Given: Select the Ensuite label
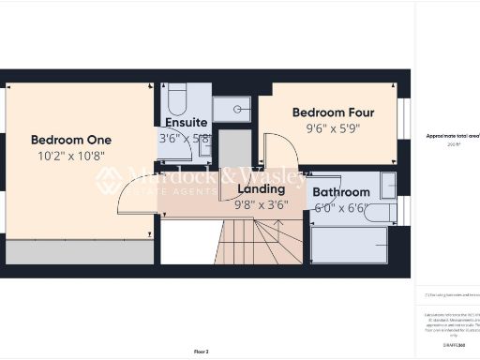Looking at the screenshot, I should click(x=186, y=122).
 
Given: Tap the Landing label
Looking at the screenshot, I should click(x=261, y=188).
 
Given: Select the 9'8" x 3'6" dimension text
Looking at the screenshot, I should click(x=261, y=204).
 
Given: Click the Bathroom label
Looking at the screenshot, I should click(x=341, y=192).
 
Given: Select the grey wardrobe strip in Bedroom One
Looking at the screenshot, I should click(x=80, y=251).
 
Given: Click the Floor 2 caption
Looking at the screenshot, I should click(x=201, y=352).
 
